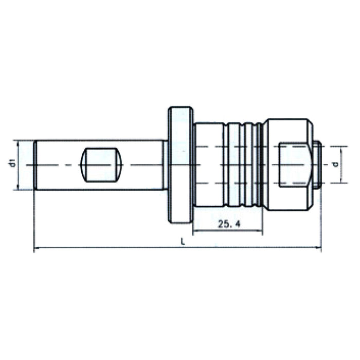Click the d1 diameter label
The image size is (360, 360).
point(11,165)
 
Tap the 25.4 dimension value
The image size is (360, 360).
point(230,224)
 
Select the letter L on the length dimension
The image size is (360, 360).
point(184,242)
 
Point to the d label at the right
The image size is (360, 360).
point(335,165)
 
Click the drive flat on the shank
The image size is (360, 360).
point(101,165)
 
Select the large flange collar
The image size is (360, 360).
point(180,165)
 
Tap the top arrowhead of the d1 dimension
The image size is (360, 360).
point(19,143)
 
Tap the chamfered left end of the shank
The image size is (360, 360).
point(35,165)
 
